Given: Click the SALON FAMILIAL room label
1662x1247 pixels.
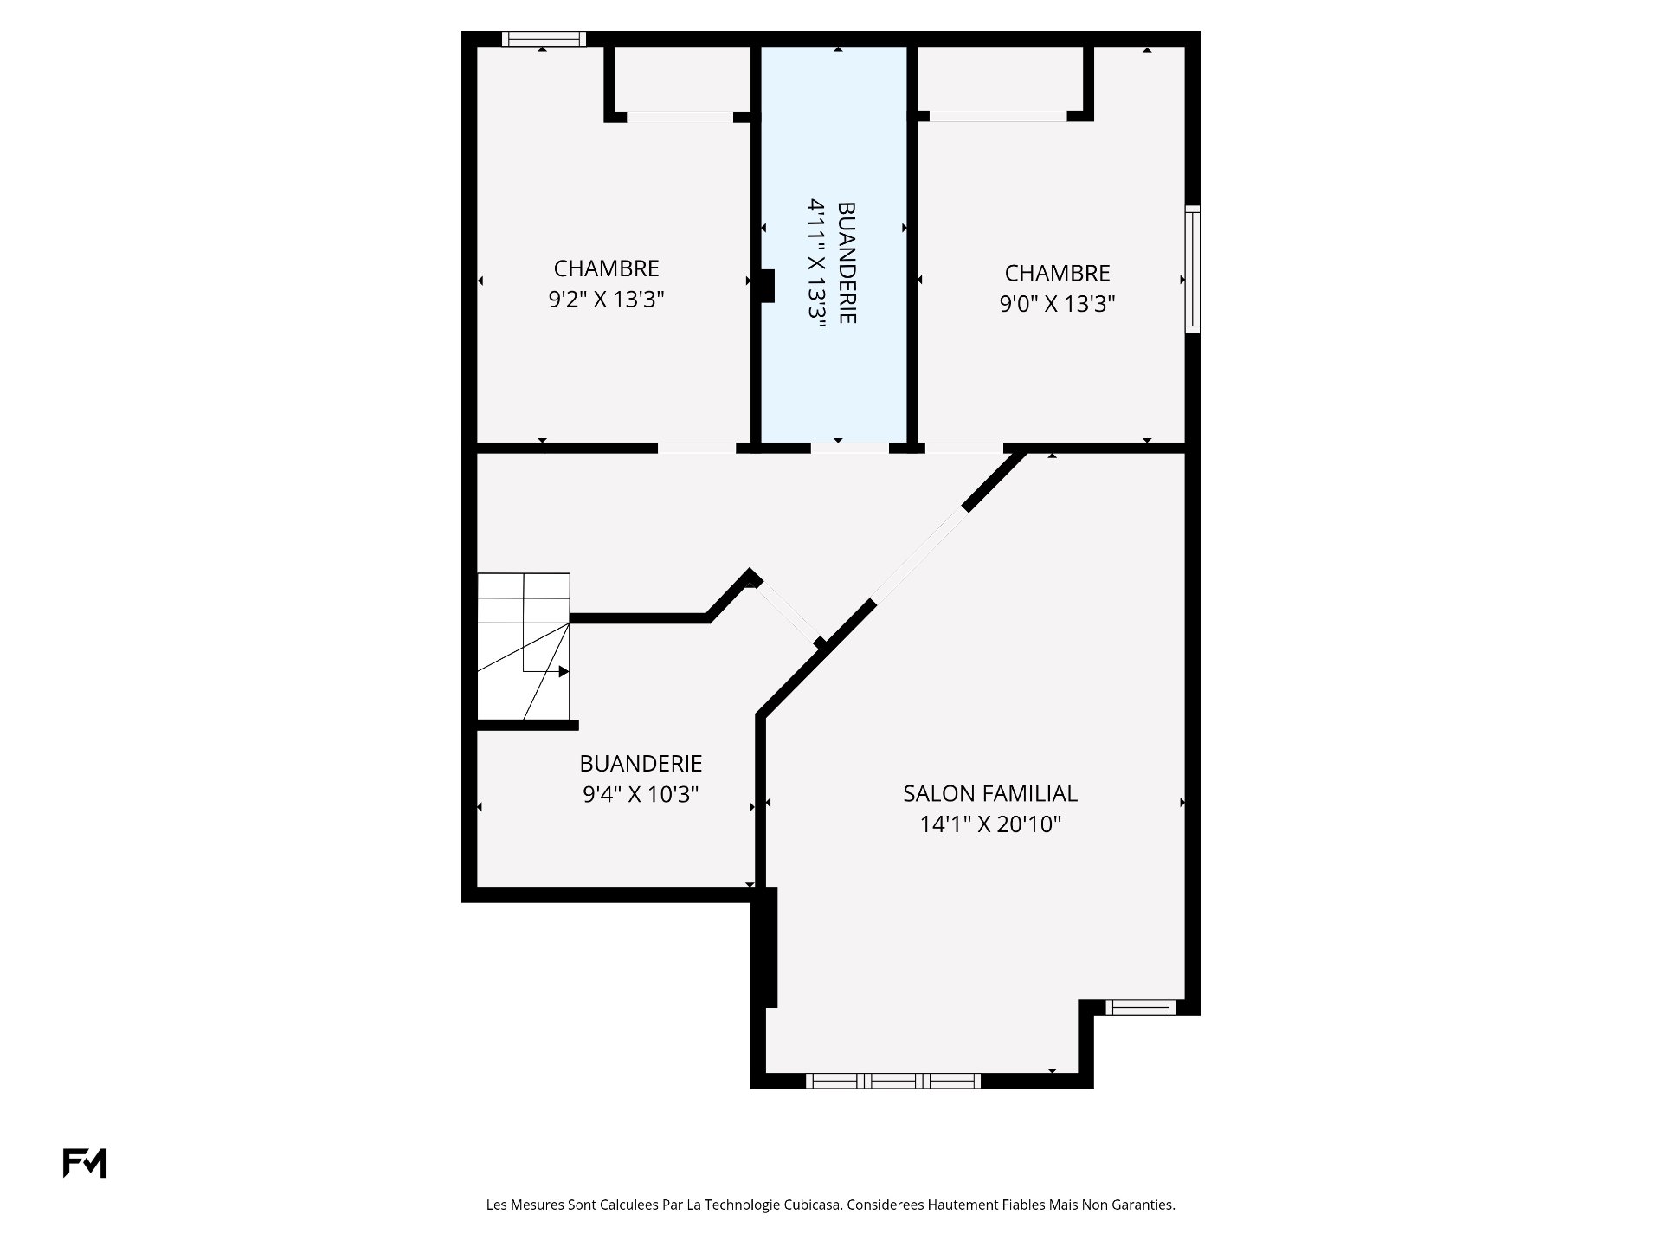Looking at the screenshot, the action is pyautogui.click(x=990, y=793).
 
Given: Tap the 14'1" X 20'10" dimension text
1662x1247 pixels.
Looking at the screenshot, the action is pyautogui.click(x=990, y=824).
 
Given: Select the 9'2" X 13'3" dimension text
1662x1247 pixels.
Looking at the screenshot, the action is pyautogui.click(x=606, y=300).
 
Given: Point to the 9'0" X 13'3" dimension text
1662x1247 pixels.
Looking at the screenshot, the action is pyautogui.click(x=1057, y=304).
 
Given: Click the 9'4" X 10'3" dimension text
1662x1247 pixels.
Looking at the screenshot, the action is pyautogui.click(x=641, y=794).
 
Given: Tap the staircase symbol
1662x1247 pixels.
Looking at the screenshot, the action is pyautogui.click(x=524, y=646).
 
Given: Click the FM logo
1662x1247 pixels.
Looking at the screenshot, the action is pyautogui.click(x=85, y=1163).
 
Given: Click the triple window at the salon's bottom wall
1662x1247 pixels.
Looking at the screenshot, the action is pyautogui.click(x=893, y=1081).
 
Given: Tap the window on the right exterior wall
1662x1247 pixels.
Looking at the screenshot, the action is pyautogui.click(x=1193, y=268).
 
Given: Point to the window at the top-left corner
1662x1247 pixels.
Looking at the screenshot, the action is pyautogui.click(x=544, y=39).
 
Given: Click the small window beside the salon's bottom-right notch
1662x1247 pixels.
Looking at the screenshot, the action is pyautogui.click(x=1142, y=1007).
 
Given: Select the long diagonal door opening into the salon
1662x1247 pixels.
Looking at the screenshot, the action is pyautogui.click(x=919, y=554).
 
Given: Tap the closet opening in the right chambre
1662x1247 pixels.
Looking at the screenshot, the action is pyautogui.click(x=998, y=117).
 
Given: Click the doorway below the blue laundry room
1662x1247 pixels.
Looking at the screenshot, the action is pyautogui.click(x=849, y=448).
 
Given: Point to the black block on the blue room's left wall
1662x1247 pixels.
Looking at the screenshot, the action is pyautogui.click(x=767, y=287).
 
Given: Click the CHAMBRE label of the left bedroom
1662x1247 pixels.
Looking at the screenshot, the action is pyautogui.click(x=606, y=268).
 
